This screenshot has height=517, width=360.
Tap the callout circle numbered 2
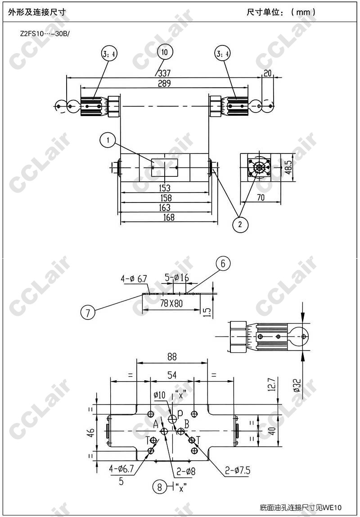click(x=240, y=225)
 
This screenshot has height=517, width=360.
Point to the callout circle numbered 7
click(x=88, y=313)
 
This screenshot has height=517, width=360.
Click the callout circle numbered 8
click(x=160, y=487)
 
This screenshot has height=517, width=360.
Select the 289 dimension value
click(x=164, y=83)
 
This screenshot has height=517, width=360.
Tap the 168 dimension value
click(x=165, y=217)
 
